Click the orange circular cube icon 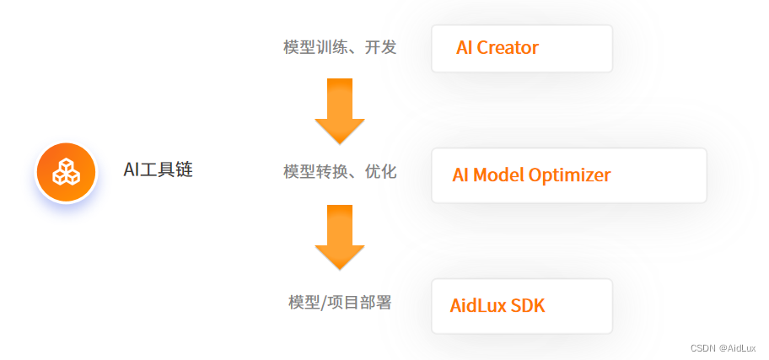(66, 172)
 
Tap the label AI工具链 (159, 170)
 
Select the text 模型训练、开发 (340, 47)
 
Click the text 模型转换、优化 (340, 172)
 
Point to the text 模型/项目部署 (340, 302)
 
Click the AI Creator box (521, 48)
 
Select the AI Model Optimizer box (568, 175)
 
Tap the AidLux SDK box (520, 305)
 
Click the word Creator (508, 48)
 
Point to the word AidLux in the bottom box (478, 305)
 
